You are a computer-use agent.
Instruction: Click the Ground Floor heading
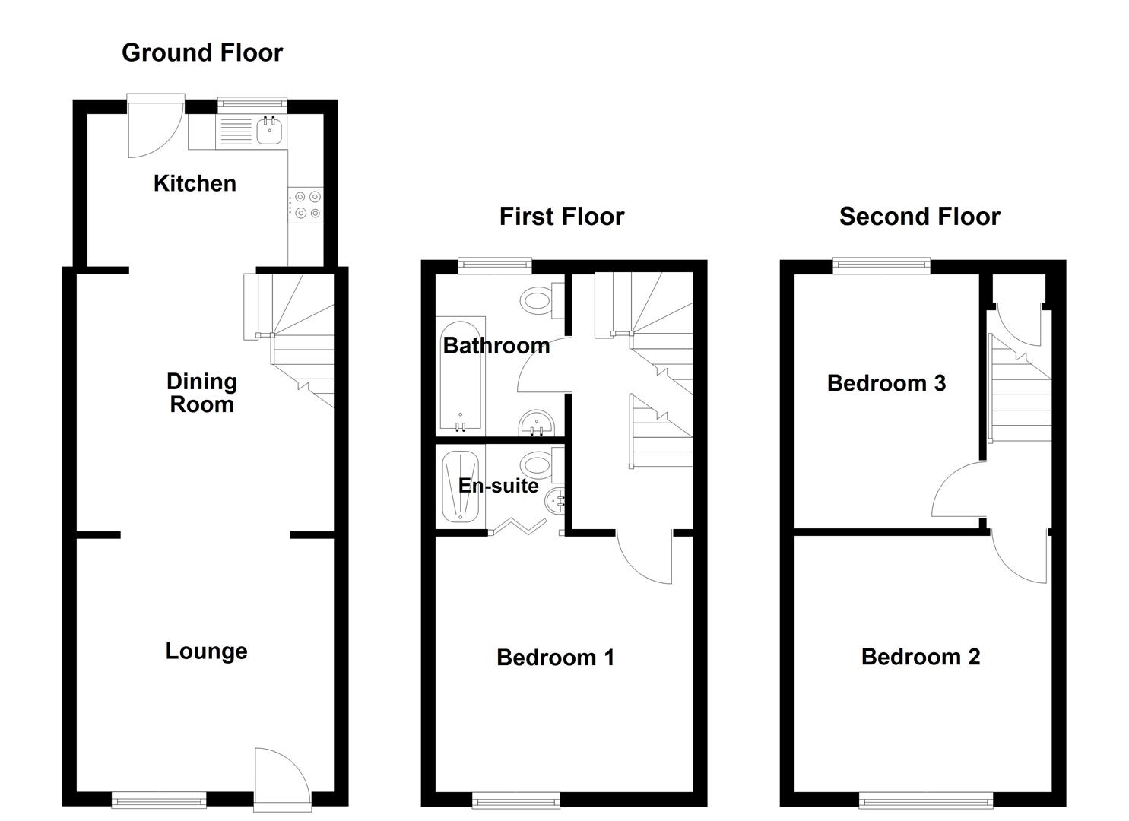[202, 52]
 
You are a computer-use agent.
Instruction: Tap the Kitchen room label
[195, 183]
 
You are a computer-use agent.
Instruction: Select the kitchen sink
[270, 131]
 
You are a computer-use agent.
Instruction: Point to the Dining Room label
[201, 392]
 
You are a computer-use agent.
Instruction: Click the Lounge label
[206, 651]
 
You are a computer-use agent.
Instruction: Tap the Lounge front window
[159, 799]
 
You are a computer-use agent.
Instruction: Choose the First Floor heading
[561, 217]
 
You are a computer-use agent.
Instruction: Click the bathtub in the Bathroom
[460, 374]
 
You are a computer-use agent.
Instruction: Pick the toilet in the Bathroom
[541, 300]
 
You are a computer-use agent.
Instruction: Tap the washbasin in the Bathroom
[538, 423]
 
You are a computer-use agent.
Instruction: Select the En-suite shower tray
[461, 487]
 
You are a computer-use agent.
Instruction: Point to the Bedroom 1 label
[555, 657]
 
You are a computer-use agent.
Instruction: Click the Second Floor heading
[919, 217]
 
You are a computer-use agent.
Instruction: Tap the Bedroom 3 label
[886, 382]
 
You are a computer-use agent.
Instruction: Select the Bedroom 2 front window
[925, 799]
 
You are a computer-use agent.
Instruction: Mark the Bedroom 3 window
[881, 265]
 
